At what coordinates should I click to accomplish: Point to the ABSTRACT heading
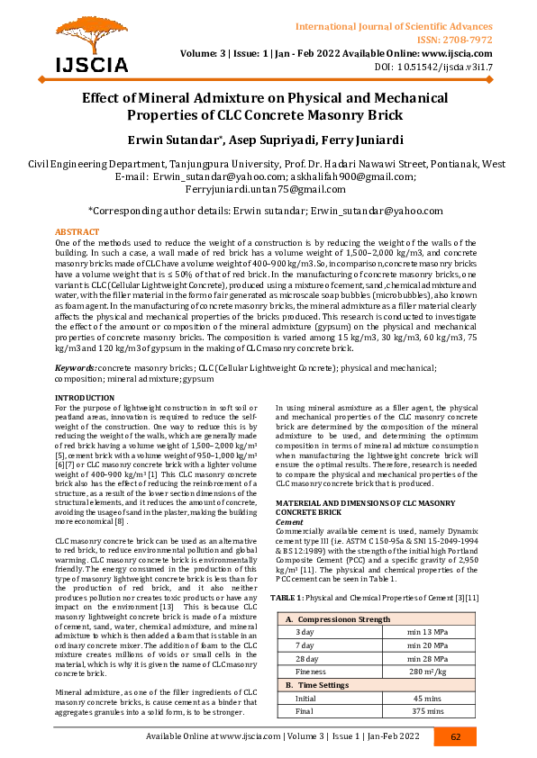[x=77, y=232]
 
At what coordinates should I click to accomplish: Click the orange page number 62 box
[x=456, y=736]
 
